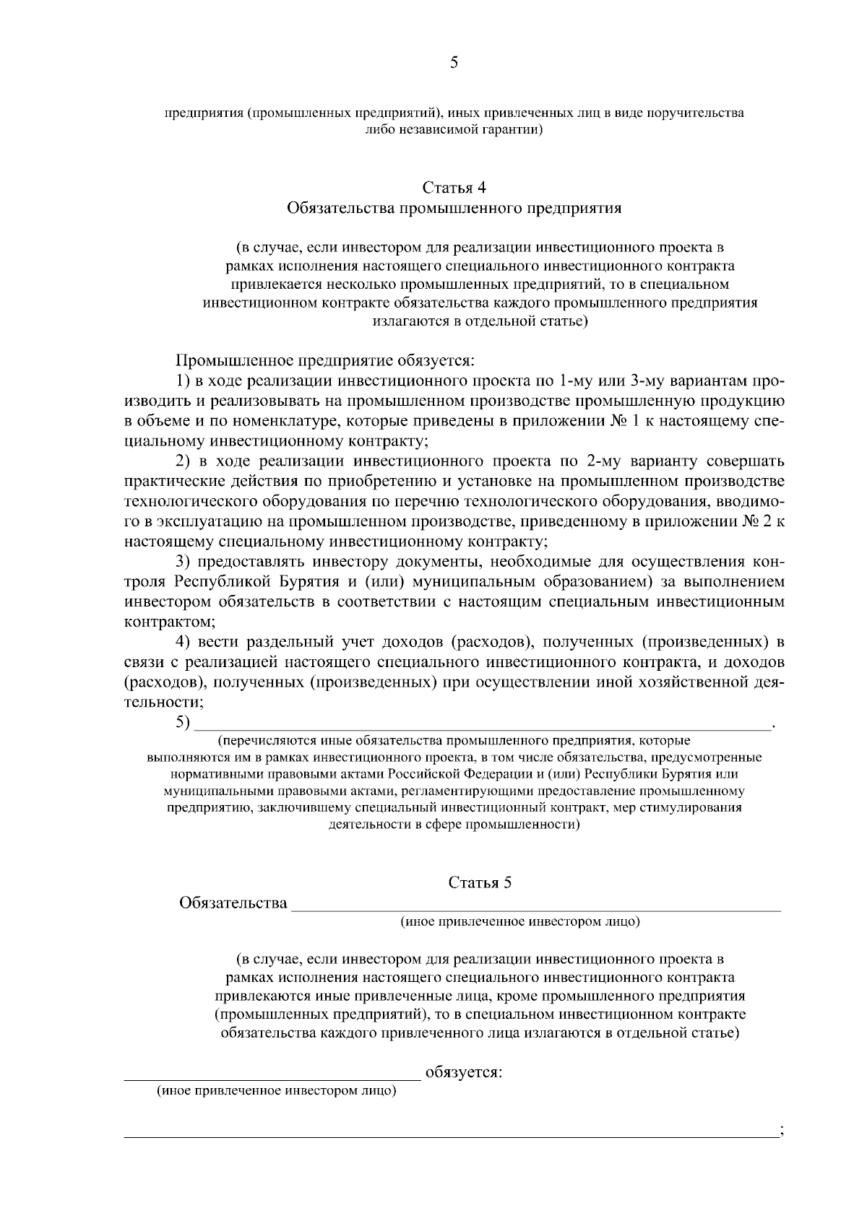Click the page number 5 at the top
pyautogui.click(x=454, y=63)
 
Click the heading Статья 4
pyautogui.click(x=454, y=188)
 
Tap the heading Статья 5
pyautogui.click(x=480, y=882)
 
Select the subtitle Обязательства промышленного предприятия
pyautogui.click(x=454, y=209)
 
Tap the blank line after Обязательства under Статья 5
pyautogui.click(x=535, y=905)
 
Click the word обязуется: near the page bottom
pyautogui.click(x=464, y=1072)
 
